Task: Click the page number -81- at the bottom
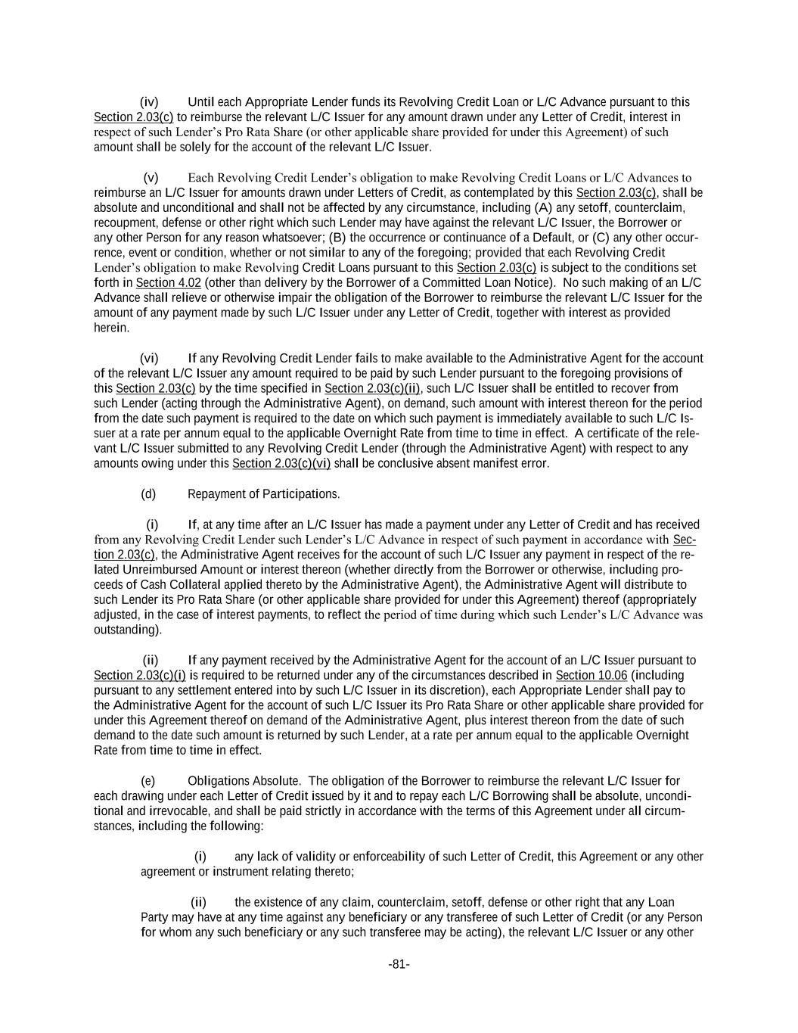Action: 399,964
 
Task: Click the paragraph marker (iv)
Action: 149,101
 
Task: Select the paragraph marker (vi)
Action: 149,358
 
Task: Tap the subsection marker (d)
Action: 148,494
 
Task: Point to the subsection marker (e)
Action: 148,780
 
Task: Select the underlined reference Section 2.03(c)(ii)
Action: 372,388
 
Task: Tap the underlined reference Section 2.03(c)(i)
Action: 140,675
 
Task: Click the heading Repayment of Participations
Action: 263,494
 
